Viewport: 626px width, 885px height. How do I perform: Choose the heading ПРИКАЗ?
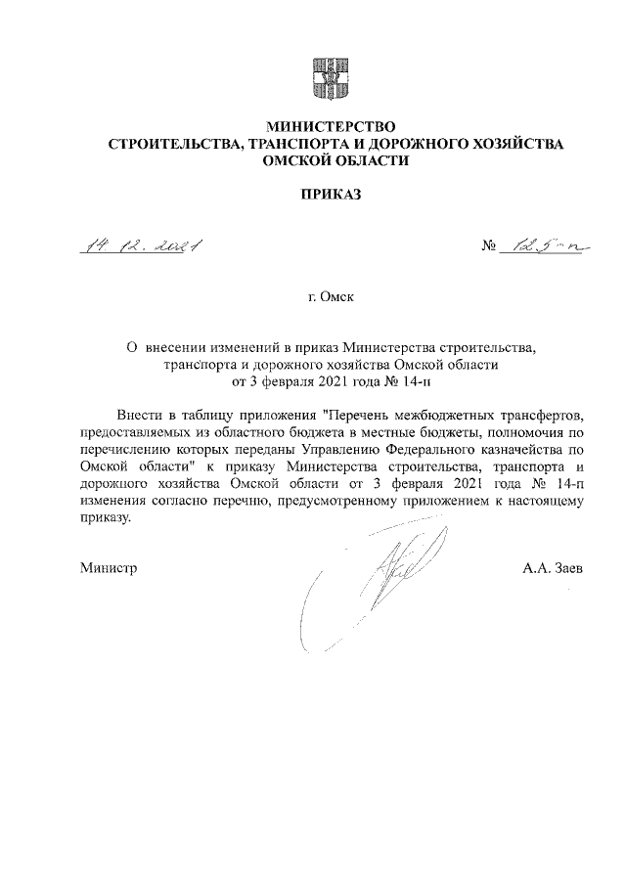click(330, 195)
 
